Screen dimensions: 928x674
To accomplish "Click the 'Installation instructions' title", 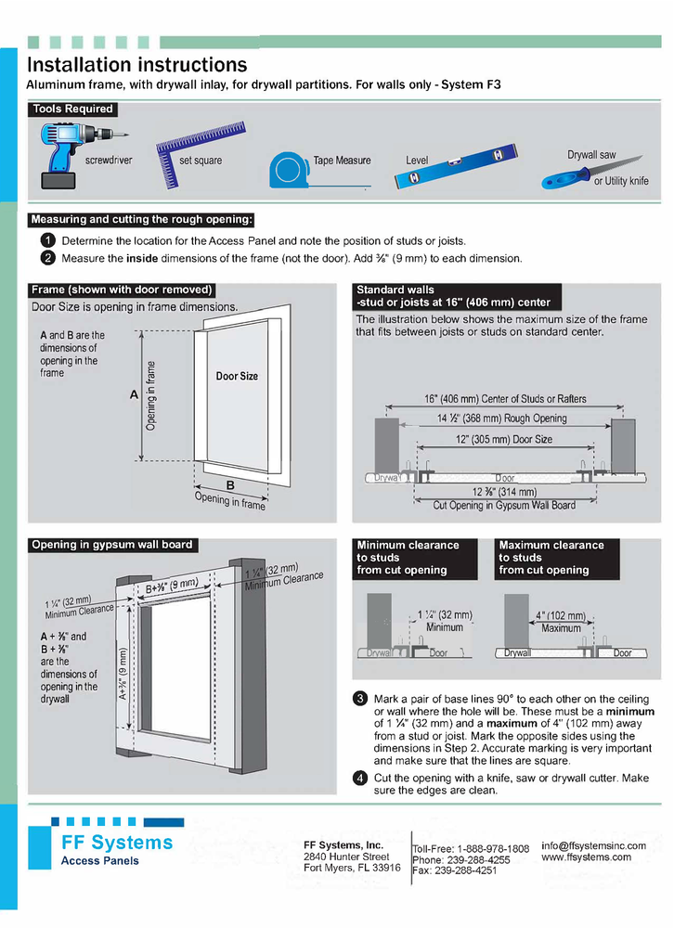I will pos(136,65).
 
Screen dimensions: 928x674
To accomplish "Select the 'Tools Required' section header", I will pos(72,110).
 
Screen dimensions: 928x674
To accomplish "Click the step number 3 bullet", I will pos(360,699).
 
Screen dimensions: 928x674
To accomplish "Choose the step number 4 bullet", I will pos(360,778).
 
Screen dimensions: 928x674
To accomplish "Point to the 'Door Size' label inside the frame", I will pos(237,377).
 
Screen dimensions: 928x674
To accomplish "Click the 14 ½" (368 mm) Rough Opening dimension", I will pos(501,419).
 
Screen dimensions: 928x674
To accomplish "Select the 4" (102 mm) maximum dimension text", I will pos(560,615).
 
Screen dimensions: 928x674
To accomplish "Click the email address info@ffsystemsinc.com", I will pos(593,845).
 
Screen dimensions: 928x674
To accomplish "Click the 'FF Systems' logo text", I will pos(116,843).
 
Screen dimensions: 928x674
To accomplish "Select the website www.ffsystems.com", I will pos(586,857).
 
